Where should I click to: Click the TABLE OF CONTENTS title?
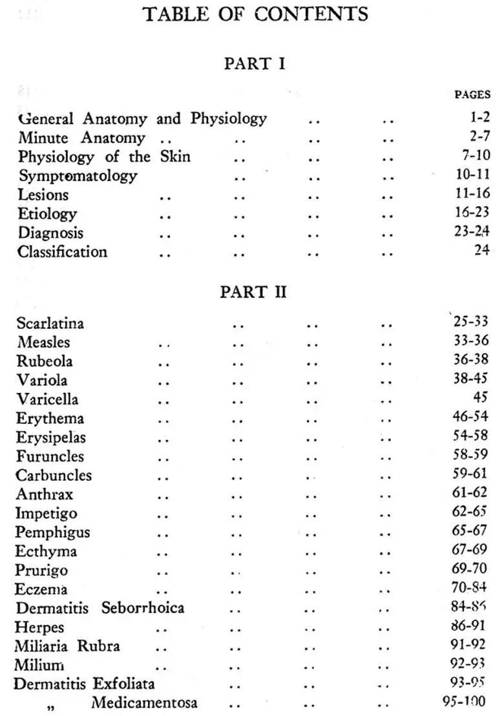[x=255, y=14]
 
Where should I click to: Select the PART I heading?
[x=254, y=64]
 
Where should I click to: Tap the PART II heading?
[x=253, y=292]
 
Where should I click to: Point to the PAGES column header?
[x=472, y=94]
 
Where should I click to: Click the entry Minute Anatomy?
[x=81, y=138]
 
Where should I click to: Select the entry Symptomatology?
[x=78, y=176]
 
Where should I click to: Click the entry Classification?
[x=62, y=251]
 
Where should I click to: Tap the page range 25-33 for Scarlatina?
[x=470, y=321]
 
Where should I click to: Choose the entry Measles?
[x=43, y=342]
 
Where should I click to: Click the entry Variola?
[x=42, y=380]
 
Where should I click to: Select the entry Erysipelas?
[x=51, y=437]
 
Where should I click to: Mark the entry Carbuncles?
[x=54, y=476]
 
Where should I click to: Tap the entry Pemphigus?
[x=53, y=532]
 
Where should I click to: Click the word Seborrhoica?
[x=142, y=608]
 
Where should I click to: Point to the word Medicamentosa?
[x=144, y=703]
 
